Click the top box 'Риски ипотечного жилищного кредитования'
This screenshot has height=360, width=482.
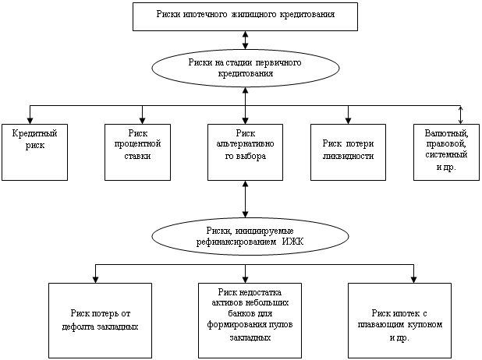point(246,16)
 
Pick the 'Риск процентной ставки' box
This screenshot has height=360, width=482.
point(137,151)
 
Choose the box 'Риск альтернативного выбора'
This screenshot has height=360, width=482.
point(246,151)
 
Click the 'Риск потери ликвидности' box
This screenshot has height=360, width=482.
point(348,151)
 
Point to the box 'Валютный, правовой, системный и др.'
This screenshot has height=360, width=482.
point(447,151)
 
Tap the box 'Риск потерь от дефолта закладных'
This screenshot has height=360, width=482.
point(95,319)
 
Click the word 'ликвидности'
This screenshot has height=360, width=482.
point(348,156)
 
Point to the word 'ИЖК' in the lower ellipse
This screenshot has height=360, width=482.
point(300,242)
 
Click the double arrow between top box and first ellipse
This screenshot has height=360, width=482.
point(246,40)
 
